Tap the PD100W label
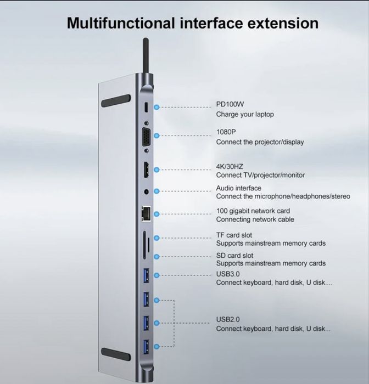tap(230, 105)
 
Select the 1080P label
tap(226, 132)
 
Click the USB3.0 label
tap(228, 274)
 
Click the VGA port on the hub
tap(147, 135)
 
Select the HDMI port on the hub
tap(146, 171)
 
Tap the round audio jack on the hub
tap(146, 192)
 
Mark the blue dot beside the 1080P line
tap(158, 135)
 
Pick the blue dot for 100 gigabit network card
tap(158, 214)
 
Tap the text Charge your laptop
tap(244, 115)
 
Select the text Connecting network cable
tap(255, 219)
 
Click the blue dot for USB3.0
tap(158, 275)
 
